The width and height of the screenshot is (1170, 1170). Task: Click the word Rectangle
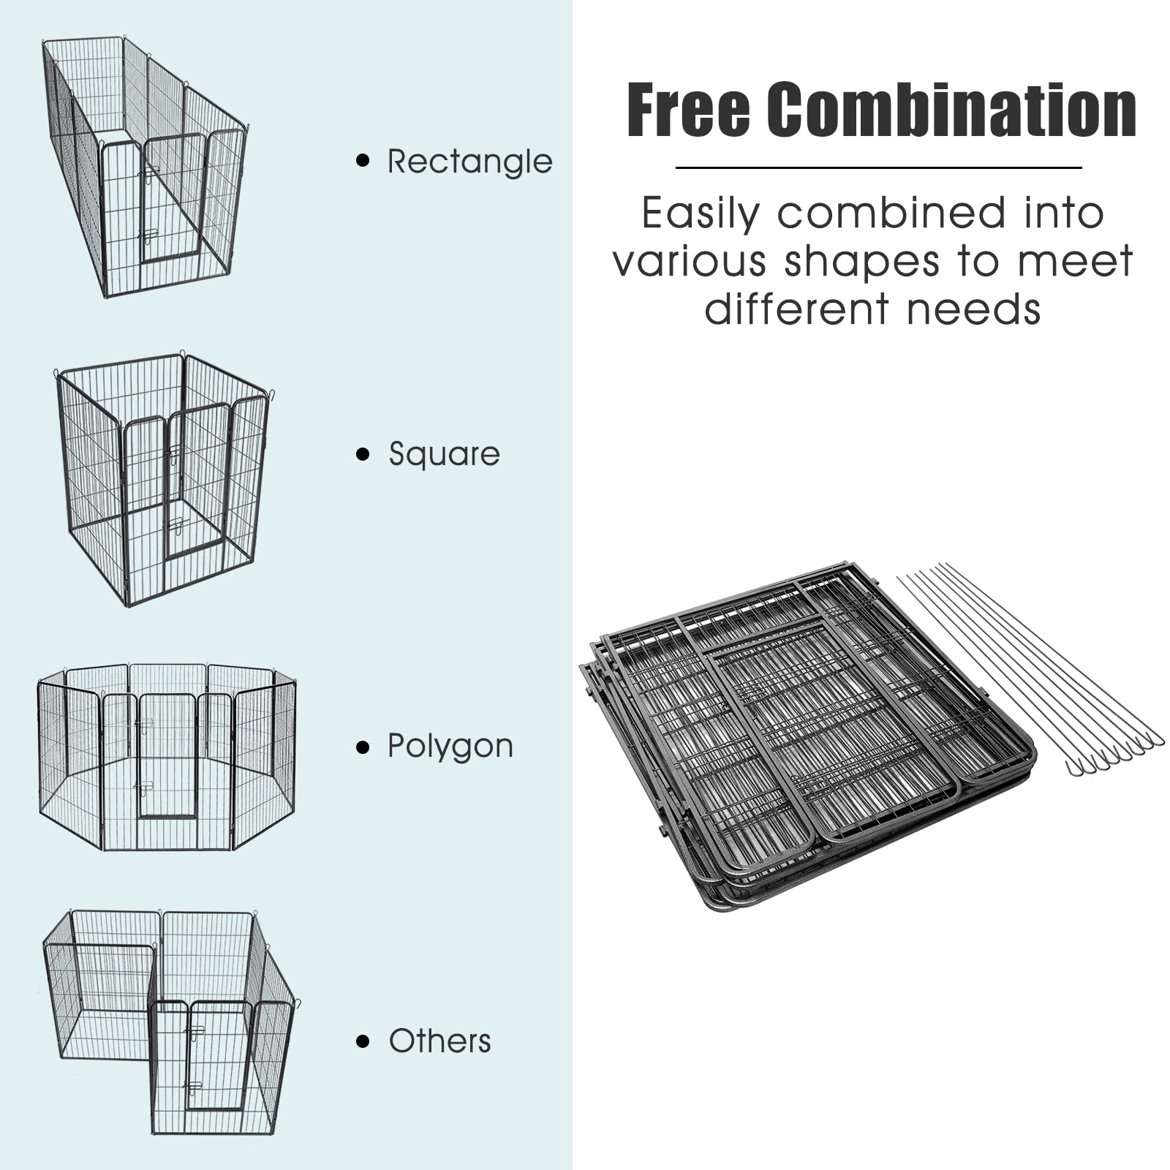[469, 162]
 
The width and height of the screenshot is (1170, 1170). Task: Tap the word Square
[444, 454]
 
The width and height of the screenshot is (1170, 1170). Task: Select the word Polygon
[450, 747]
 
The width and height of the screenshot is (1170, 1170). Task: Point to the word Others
[439, 1041]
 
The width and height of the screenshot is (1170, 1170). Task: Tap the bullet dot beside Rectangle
[363, 161]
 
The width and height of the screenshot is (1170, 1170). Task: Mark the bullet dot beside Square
[363, 454]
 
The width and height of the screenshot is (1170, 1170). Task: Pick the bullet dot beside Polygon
[363, 747]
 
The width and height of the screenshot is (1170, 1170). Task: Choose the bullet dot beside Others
[363, 1041]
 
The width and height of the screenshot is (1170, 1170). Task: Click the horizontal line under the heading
[877, 167]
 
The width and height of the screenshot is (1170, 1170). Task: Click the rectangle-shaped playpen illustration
[146, 168]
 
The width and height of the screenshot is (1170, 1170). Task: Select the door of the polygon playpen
[167, 757]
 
